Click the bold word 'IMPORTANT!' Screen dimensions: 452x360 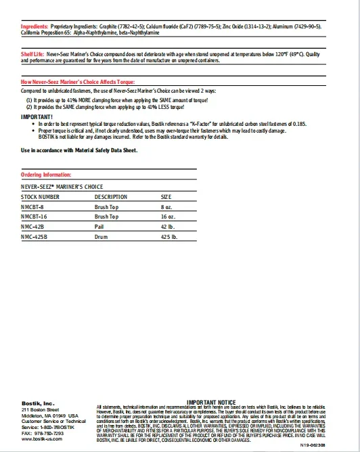click(36, 116)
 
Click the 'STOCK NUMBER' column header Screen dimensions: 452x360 click(40, 196)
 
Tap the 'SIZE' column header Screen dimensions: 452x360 click(166, 196)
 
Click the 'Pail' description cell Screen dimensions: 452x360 click(99, 227)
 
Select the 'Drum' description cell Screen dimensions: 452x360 click(102, 238)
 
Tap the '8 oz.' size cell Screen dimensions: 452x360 click(166, 206)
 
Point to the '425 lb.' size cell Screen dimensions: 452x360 click(168, 238)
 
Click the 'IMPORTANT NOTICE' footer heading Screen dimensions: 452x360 click(211, 402)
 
